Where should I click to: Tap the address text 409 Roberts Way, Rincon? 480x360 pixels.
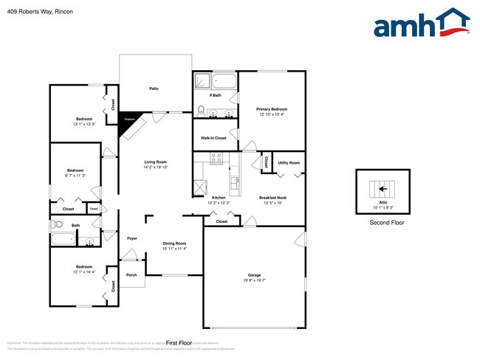38,11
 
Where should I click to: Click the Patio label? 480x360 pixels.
154,89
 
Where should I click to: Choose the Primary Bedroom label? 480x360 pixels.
273,109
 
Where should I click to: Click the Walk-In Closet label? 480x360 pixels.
213,138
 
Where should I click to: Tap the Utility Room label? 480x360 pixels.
289,162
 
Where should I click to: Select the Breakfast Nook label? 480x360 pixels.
272,198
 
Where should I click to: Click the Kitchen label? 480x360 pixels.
219,198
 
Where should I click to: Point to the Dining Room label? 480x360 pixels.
174,243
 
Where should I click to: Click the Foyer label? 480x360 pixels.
132,238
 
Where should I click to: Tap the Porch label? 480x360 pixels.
131,275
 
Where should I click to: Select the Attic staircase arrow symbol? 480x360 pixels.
383,187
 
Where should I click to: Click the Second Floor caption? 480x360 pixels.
387,222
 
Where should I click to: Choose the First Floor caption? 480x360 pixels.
179,343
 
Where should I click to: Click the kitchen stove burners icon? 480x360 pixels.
217,158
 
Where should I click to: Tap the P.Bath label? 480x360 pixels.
216,95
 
